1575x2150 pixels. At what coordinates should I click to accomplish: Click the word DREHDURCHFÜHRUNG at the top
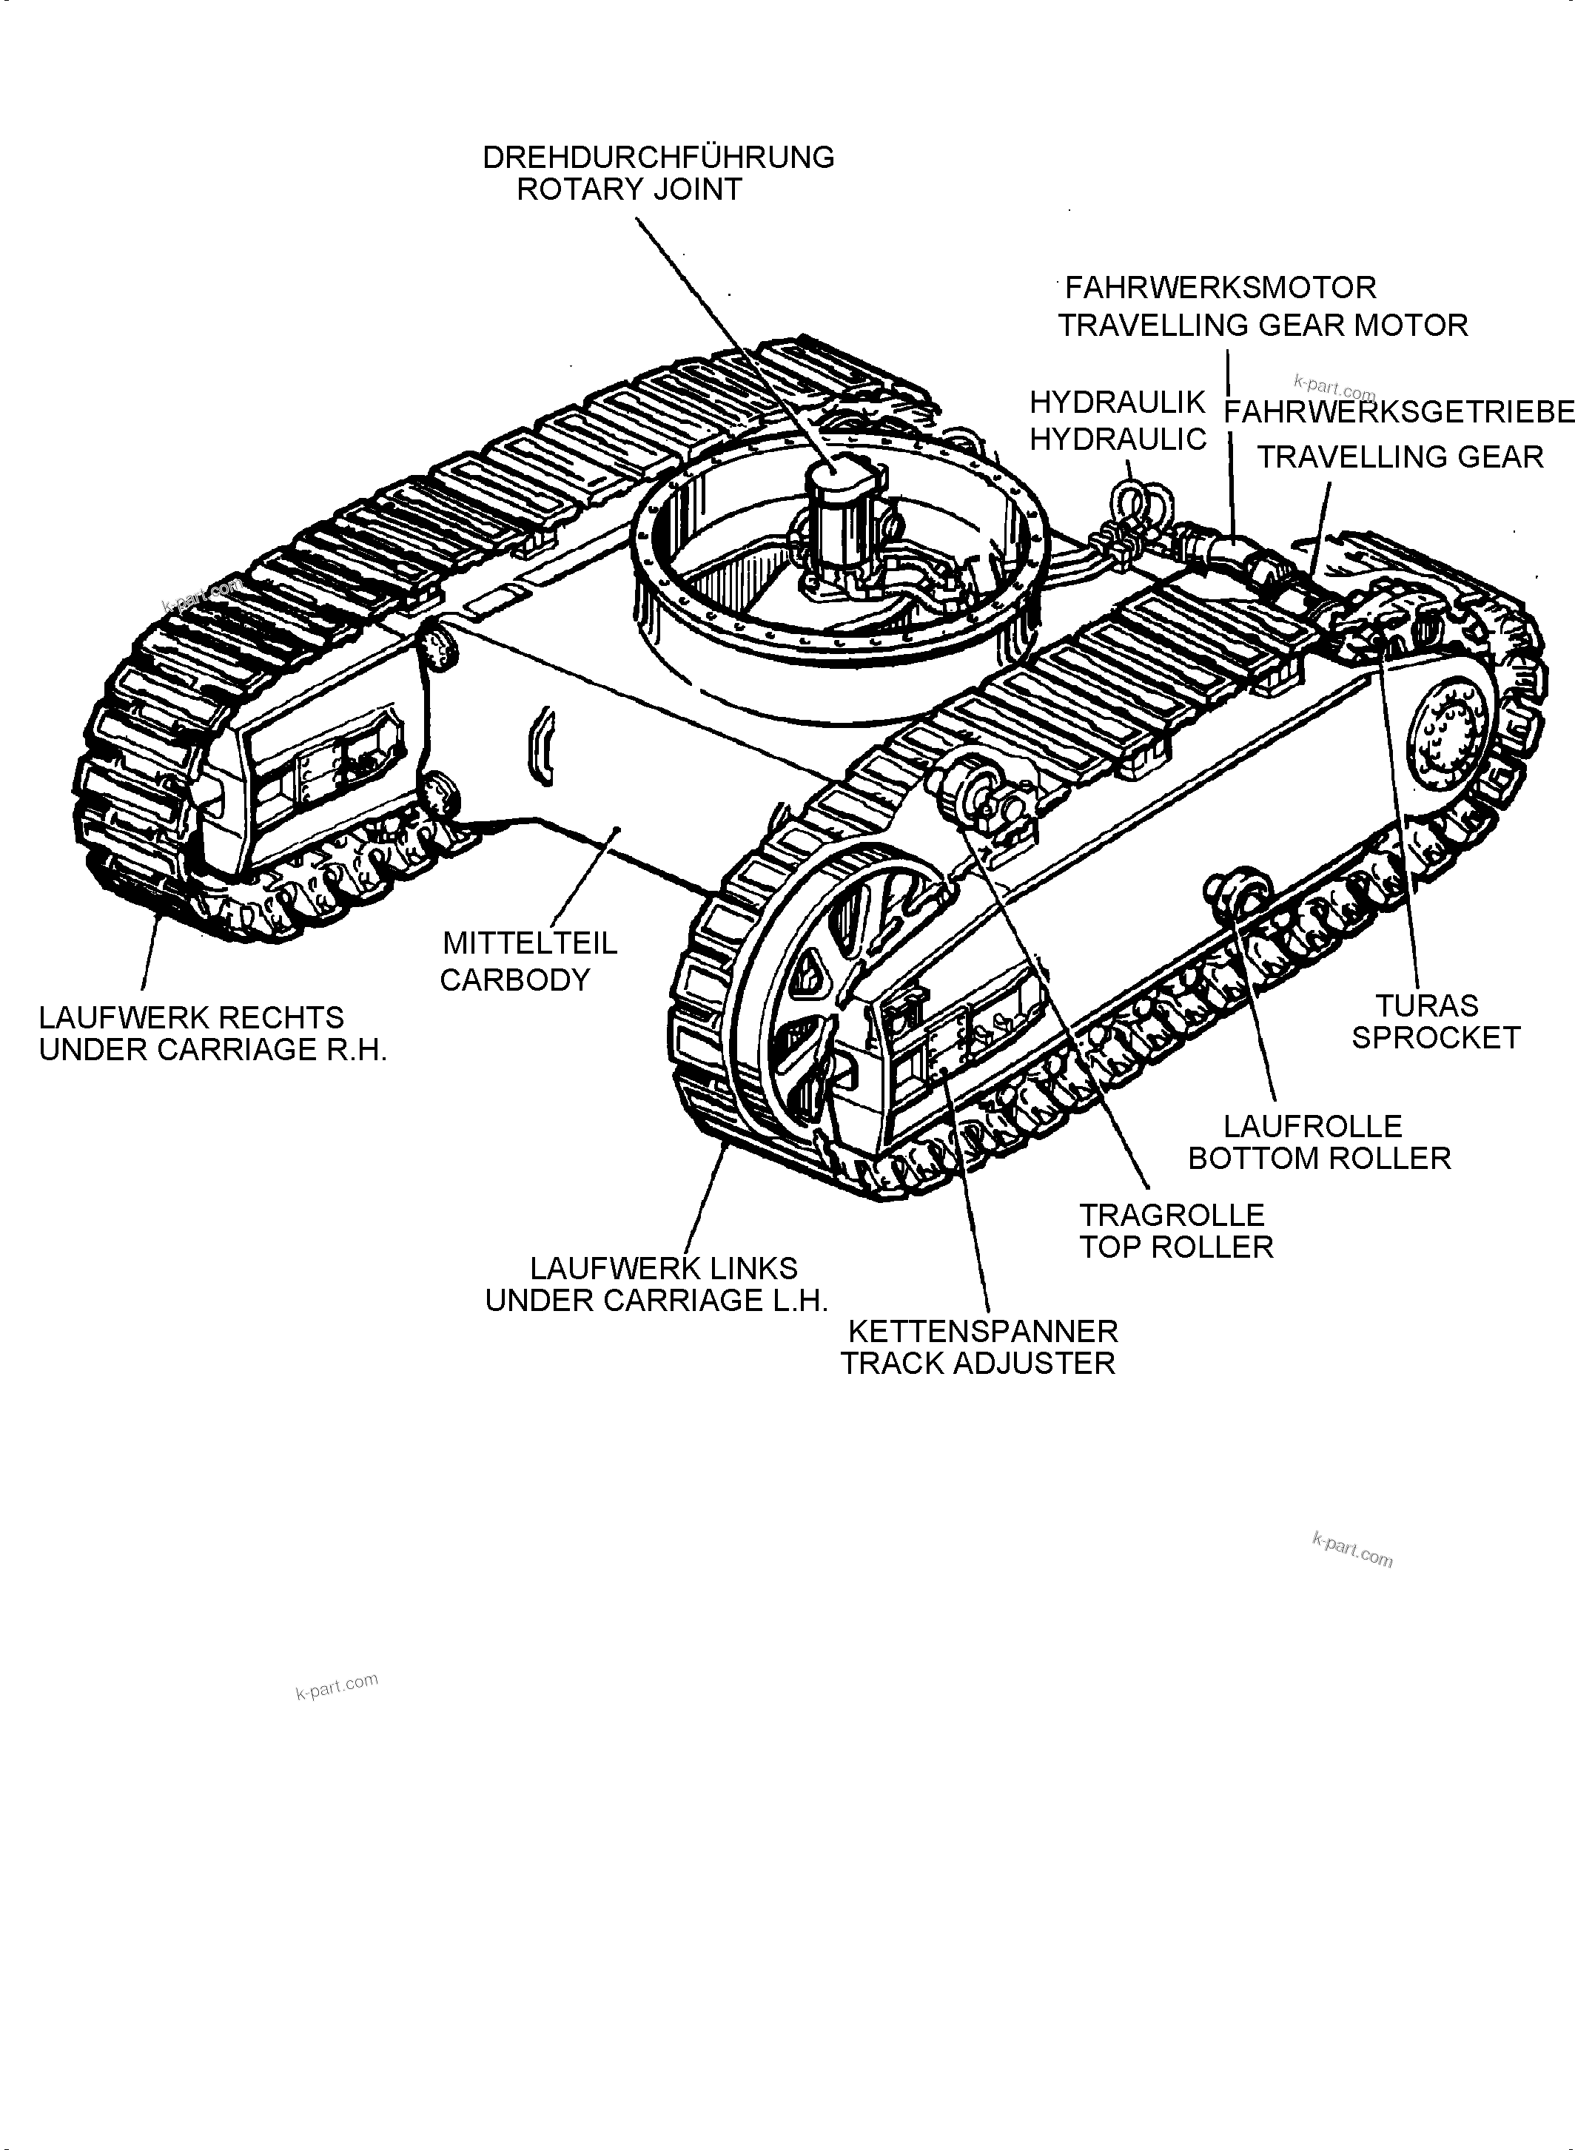pos(658,158)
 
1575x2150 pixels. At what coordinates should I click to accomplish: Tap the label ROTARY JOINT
pos(629,189)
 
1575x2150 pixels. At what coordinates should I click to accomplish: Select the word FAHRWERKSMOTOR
pos(1220,288)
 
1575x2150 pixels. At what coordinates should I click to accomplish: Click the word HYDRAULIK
pos(1118,403)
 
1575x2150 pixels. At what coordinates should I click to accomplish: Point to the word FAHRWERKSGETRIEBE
pos(1397,411)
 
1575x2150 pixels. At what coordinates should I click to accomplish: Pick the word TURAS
pos(1426,1005)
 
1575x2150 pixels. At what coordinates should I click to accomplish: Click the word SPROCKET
pos(1436,1038)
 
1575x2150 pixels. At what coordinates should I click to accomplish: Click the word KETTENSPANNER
pos(982,1332)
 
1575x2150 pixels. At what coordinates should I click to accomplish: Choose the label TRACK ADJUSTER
pos(977,1364)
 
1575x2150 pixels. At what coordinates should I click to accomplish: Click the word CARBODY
pos(515,980)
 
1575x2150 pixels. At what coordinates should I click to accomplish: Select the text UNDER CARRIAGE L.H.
pos(656,1301)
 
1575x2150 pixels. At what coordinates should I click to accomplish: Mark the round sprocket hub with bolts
pos(1447,734)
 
